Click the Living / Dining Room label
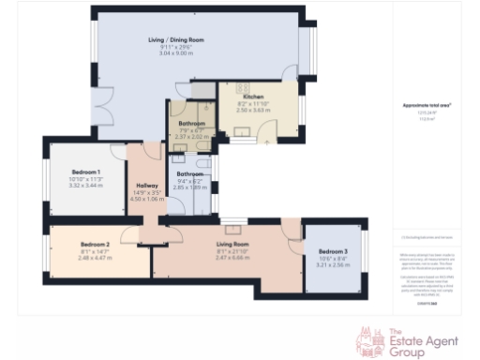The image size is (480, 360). (x=177, y=40)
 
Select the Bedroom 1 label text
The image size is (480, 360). (x=85, y=172)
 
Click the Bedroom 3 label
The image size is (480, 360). (x=333, y=252)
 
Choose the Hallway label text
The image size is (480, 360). (x=146, y=186)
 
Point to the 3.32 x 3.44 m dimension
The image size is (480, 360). (x=85, y=186)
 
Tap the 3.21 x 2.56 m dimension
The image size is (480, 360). (x=333, y=265)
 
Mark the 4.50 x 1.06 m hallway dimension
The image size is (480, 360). (x=146, y=199)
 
